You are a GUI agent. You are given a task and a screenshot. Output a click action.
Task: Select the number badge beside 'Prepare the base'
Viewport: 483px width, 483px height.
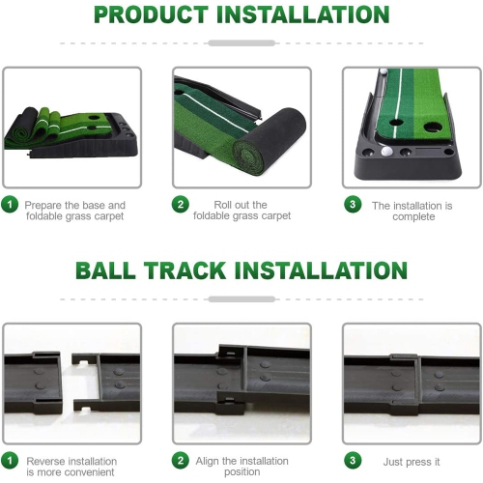(10, 205)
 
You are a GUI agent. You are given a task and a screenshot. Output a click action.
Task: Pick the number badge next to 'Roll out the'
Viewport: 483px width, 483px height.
(181, 205)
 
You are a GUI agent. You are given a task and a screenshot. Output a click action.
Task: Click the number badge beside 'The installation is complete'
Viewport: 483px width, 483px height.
(353, 205)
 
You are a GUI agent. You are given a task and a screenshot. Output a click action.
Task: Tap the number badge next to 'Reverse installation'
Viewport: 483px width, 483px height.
(10, 461)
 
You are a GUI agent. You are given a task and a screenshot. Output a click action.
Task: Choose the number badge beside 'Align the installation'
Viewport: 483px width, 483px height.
(181, 461)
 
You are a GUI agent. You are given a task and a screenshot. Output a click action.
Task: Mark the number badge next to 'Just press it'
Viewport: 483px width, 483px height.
(353, 461)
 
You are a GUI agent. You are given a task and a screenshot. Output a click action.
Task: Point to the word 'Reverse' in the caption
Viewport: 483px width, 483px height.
(45, 462)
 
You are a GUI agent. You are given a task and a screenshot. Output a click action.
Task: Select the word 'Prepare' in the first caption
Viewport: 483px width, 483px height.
(44, 205)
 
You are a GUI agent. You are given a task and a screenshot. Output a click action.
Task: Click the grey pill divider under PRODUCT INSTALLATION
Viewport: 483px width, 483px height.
(241, 43)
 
